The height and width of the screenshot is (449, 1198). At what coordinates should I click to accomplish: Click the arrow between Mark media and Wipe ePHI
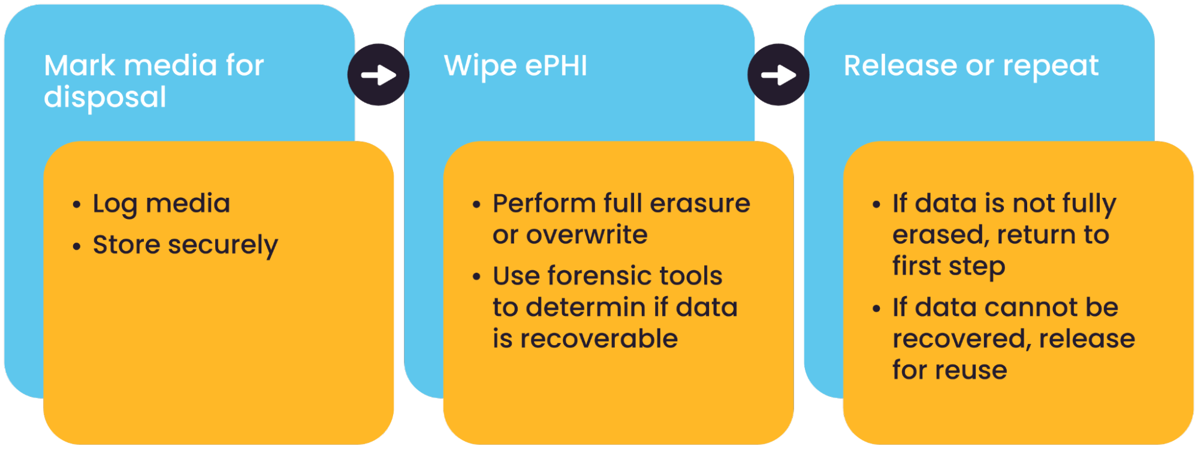tap(378, 76)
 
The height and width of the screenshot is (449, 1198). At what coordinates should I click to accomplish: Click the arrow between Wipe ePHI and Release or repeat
tap(778, 76)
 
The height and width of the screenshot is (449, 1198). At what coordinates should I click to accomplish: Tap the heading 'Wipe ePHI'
tap(515, 65)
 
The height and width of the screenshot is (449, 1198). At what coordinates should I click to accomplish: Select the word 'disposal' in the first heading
tap(105, 98)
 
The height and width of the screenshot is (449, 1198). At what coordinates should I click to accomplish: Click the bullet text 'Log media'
tap(161, 204)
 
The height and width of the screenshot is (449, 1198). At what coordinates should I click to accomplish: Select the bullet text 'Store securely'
tap(185, 245)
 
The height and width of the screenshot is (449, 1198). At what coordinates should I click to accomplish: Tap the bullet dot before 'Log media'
tap(76, 205)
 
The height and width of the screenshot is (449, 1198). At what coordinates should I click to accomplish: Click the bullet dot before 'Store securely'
tap(76, 246)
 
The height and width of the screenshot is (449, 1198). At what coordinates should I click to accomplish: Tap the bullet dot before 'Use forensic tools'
tap(476, 277)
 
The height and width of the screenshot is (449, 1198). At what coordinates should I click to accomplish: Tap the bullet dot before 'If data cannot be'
tap(876, 309)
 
